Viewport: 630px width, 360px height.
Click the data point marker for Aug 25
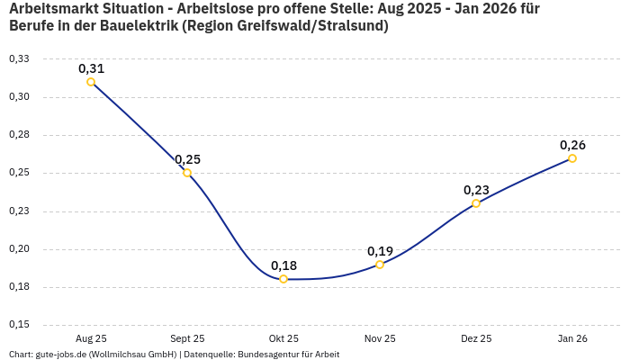91,82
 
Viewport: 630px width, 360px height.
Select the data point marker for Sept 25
187,173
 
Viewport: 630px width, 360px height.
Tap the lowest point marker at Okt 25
283,279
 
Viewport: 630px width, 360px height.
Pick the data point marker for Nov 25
380,265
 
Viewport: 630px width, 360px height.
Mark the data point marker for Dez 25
476,203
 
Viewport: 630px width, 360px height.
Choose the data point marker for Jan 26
572,158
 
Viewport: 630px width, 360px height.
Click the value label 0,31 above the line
91,68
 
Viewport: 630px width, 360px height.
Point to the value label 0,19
380,251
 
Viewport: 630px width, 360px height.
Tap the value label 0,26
572,145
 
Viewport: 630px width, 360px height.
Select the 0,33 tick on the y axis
18,58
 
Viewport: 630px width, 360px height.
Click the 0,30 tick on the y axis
18,97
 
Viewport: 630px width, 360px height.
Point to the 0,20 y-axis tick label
18,249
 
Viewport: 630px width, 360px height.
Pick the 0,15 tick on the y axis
18,325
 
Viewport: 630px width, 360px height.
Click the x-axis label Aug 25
91,339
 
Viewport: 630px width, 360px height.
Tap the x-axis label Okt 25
283,339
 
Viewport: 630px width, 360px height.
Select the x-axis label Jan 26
572,339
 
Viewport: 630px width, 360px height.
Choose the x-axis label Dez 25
476,339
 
